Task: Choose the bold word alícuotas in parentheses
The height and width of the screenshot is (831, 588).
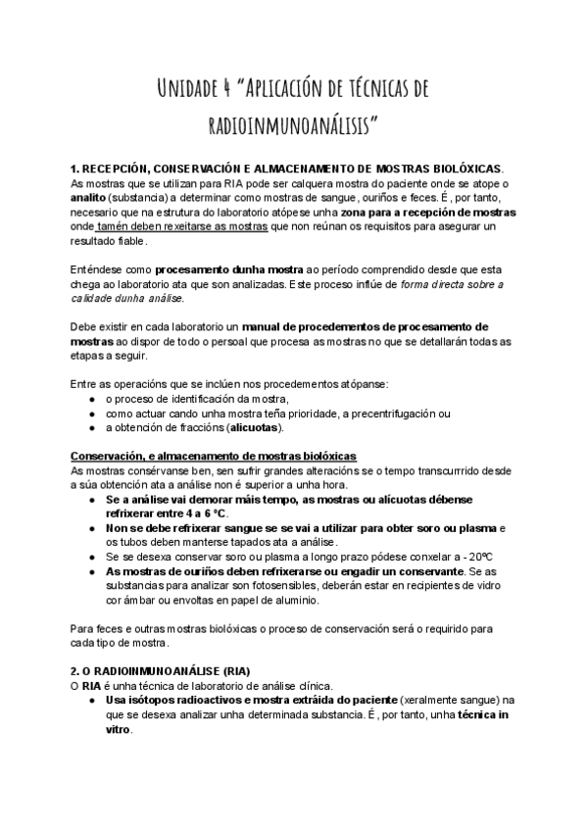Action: coord(255,427)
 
